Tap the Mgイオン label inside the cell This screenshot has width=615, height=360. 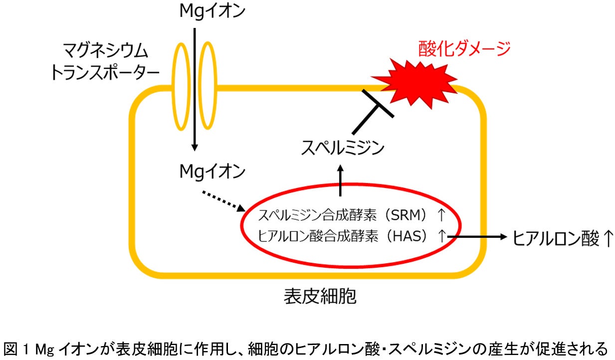click(212, 172)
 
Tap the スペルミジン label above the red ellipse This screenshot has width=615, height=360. click(343, 148)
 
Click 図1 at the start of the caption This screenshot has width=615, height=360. click(16, 347)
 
